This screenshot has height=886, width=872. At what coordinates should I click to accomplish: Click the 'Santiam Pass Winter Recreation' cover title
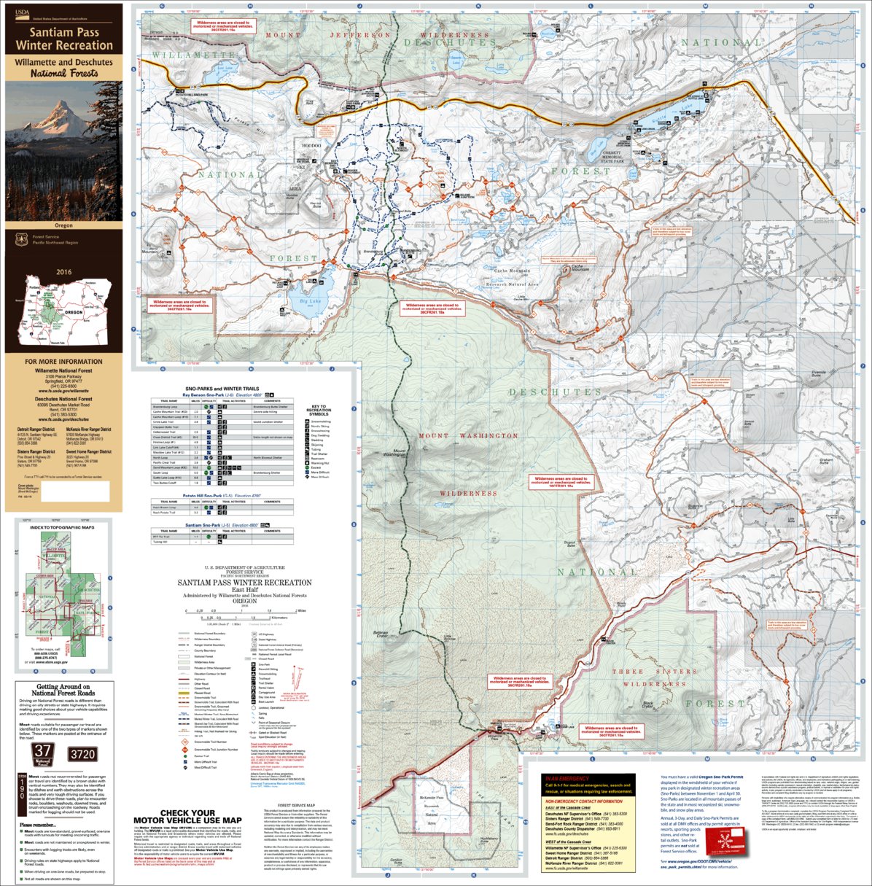tap(64, 39)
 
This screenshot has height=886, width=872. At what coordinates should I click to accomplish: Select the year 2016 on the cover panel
tap(63, 272)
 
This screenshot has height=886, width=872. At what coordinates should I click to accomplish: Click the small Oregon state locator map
tap(63, 311)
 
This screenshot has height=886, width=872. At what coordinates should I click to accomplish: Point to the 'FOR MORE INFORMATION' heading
tap(63, 362)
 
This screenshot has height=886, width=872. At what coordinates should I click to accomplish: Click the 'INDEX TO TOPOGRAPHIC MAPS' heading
tap(63, 526)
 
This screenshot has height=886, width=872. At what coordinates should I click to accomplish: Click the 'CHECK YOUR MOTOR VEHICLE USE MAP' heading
tap(187, 817)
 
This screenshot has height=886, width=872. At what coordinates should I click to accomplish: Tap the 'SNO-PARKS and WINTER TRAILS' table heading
tap(222, 389)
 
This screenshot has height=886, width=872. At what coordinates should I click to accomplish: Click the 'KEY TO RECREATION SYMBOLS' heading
tap(319, 410)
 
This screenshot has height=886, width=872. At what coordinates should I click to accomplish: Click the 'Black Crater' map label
tap(647, 705)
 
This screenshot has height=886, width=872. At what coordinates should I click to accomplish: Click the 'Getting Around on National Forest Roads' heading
tap(63, 690)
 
